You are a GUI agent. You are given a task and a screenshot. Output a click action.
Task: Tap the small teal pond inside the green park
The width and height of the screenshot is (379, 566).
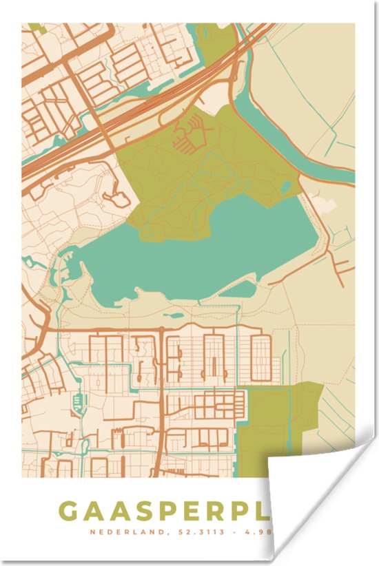(x=286, y=187)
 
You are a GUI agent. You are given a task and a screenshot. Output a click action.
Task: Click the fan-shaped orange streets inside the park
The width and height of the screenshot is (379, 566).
(x=190, y=134)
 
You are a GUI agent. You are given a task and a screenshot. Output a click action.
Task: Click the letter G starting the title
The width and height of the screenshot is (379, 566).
(x=69, y=512)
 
